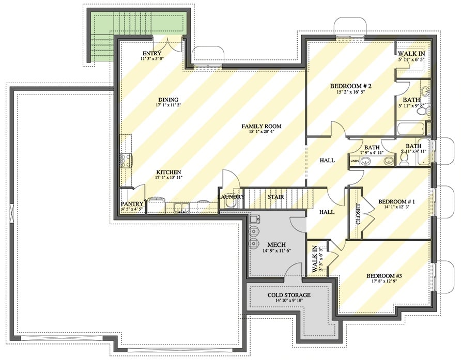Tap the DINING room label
point(169,100)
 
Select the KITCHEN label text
point(169,172)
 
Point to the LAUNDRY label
point(230,197)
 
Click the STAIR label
point(274,197)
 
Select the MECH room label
point(273,244)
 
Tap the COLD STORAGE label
point(289,295)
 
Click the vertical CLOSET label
point(358,214)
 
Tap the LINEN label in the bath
point(355,162)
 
